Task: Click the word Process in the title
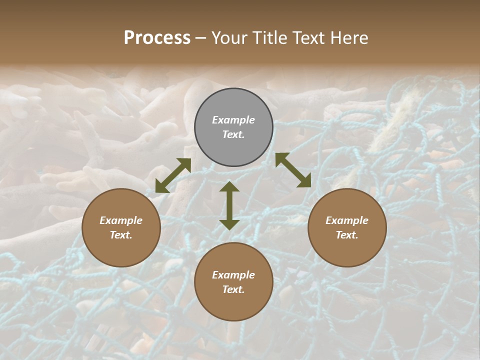click(157, 38)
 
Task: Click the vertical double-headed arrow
click(229, 205)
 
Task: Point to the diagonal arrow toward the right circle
click(293, 170)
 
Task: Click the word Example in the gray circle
click(233, 120)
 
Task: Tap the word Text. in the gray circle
click(233, 134)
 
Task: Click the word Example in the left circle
click(121, 220)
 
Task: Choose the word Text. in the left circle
click(121, 235)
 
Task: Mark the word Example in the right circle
click(347, 220)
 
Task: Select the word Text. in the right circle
click(347, 235)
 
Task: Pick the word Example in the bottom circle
click(233, 275)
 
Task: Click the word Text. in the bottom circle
click(233, 289)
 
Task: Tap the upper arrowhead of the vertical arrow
click(229, 187)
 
